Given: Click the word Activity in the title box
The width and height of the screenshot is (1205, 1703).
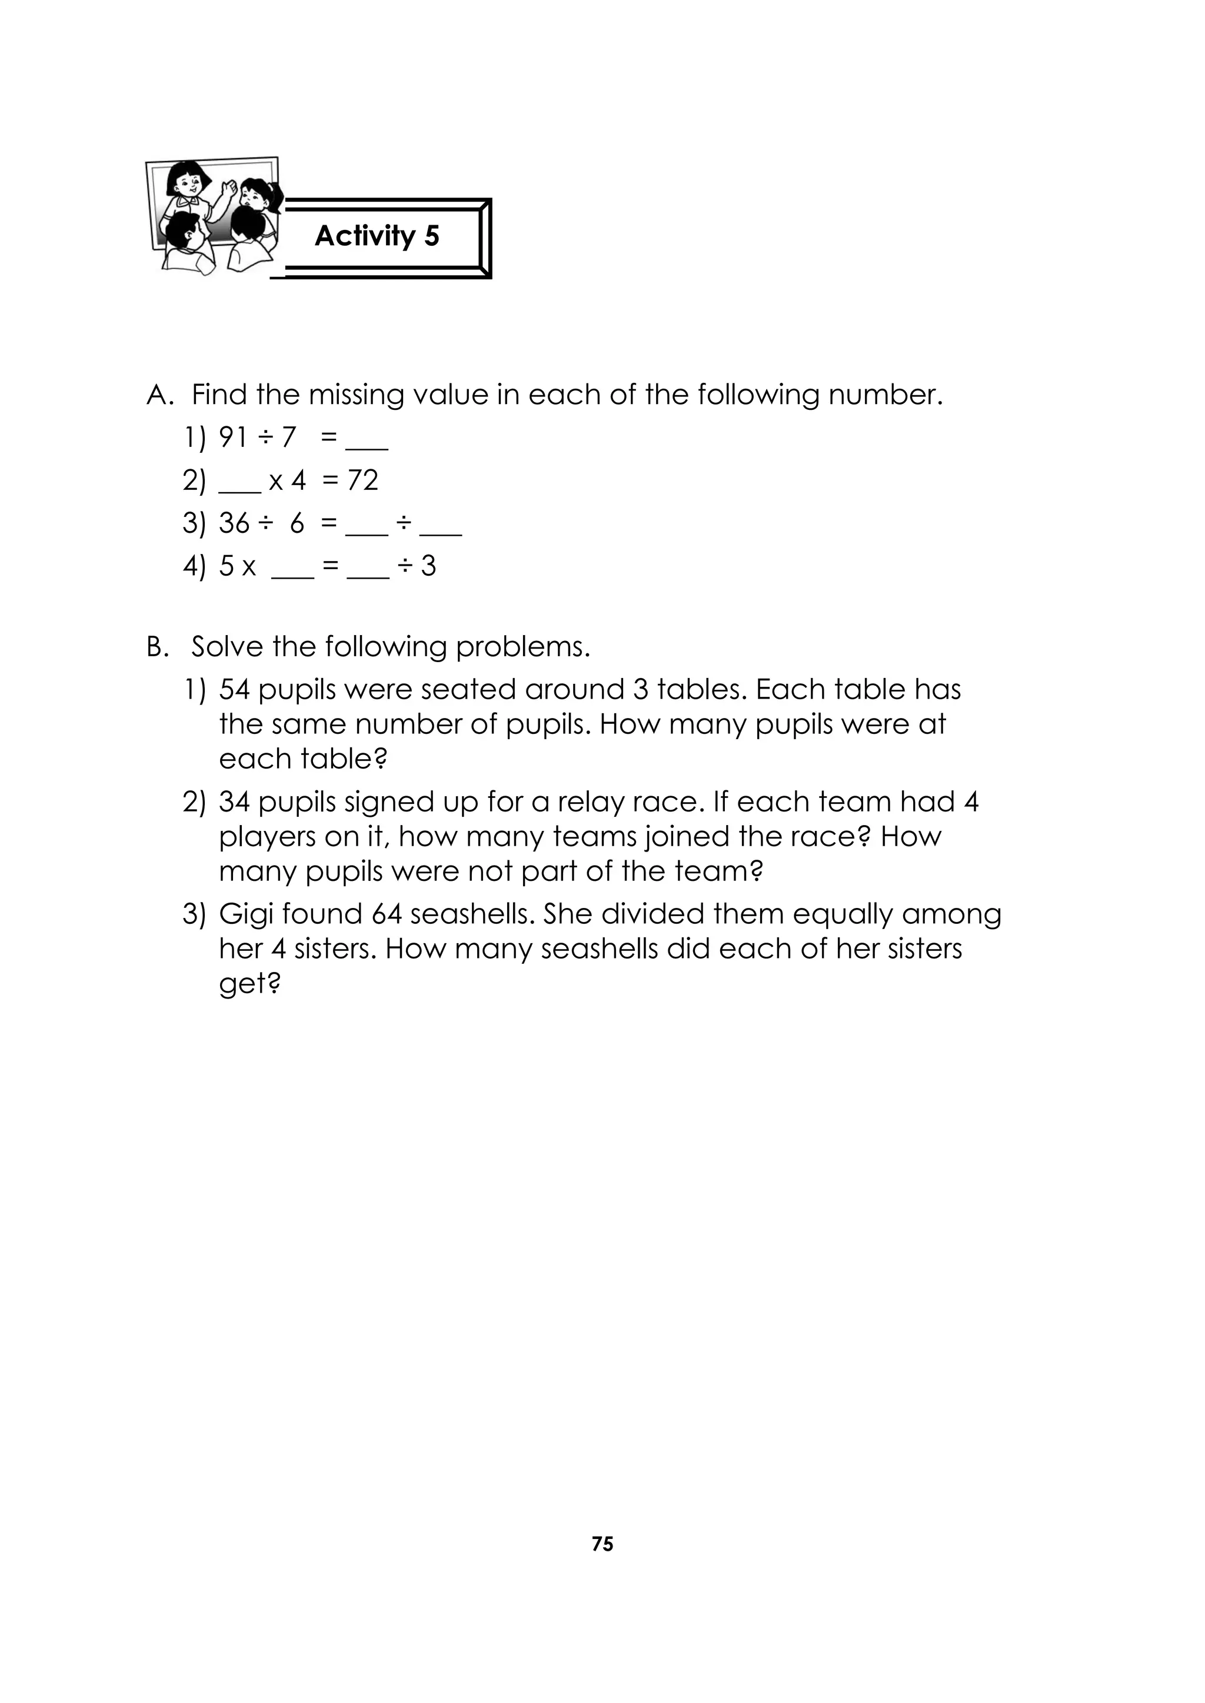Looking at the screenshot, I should point(365,236).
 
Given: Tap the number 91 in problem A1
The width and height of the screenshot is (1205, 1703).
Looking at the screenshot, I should point(233,438).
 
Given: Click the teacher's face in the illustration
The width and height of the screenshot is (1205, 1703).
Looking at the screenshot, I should point(182,181).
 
